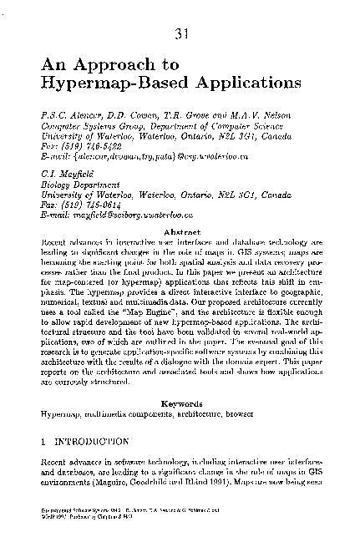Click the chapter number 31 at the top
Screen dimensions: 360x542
pyautogui.click(x=180, y=34)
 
